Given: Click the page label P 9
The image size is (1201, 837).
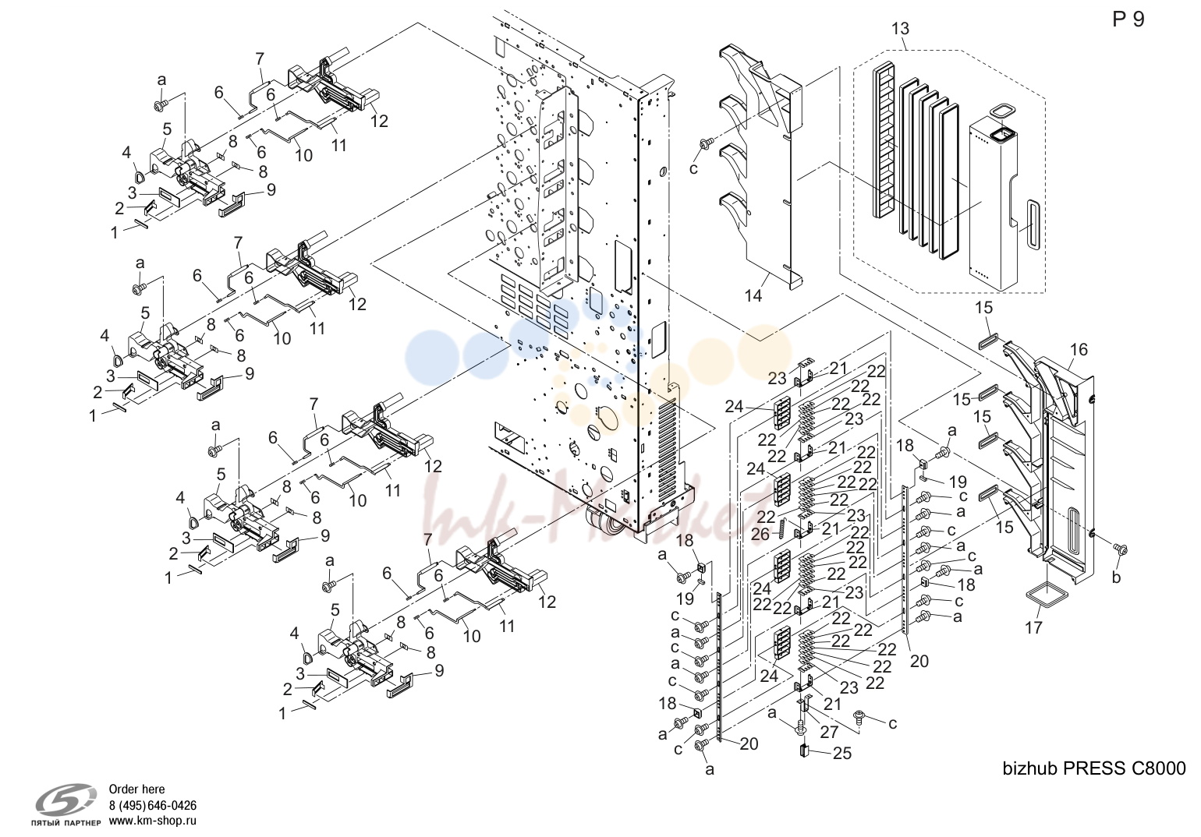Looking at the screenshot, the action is coord(1128,19).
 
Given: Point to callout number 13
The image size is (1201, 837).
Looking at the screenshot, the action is coord(900,28).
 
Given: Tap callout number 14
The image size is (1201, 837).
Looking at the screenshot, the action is coord(753,295).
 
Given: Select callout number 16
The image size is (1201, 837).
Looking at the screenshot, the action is coord(1079,349).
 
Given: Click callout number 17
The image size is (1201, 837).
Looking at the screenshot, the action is coord(1033,627).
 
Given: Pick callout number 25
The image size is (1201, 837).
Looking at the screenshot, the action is coord(842,754).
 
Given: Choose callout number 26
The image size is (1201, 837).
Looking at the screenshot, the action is coord(760,534).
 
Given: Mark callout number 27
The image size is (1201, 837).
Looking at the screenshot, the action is coord(829,731).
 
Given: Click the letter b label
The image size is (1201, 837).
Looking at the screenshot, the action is coord(1116,577).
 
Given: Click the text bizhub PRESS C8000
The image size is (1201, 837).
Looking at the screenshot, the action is coord(1094,768).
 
